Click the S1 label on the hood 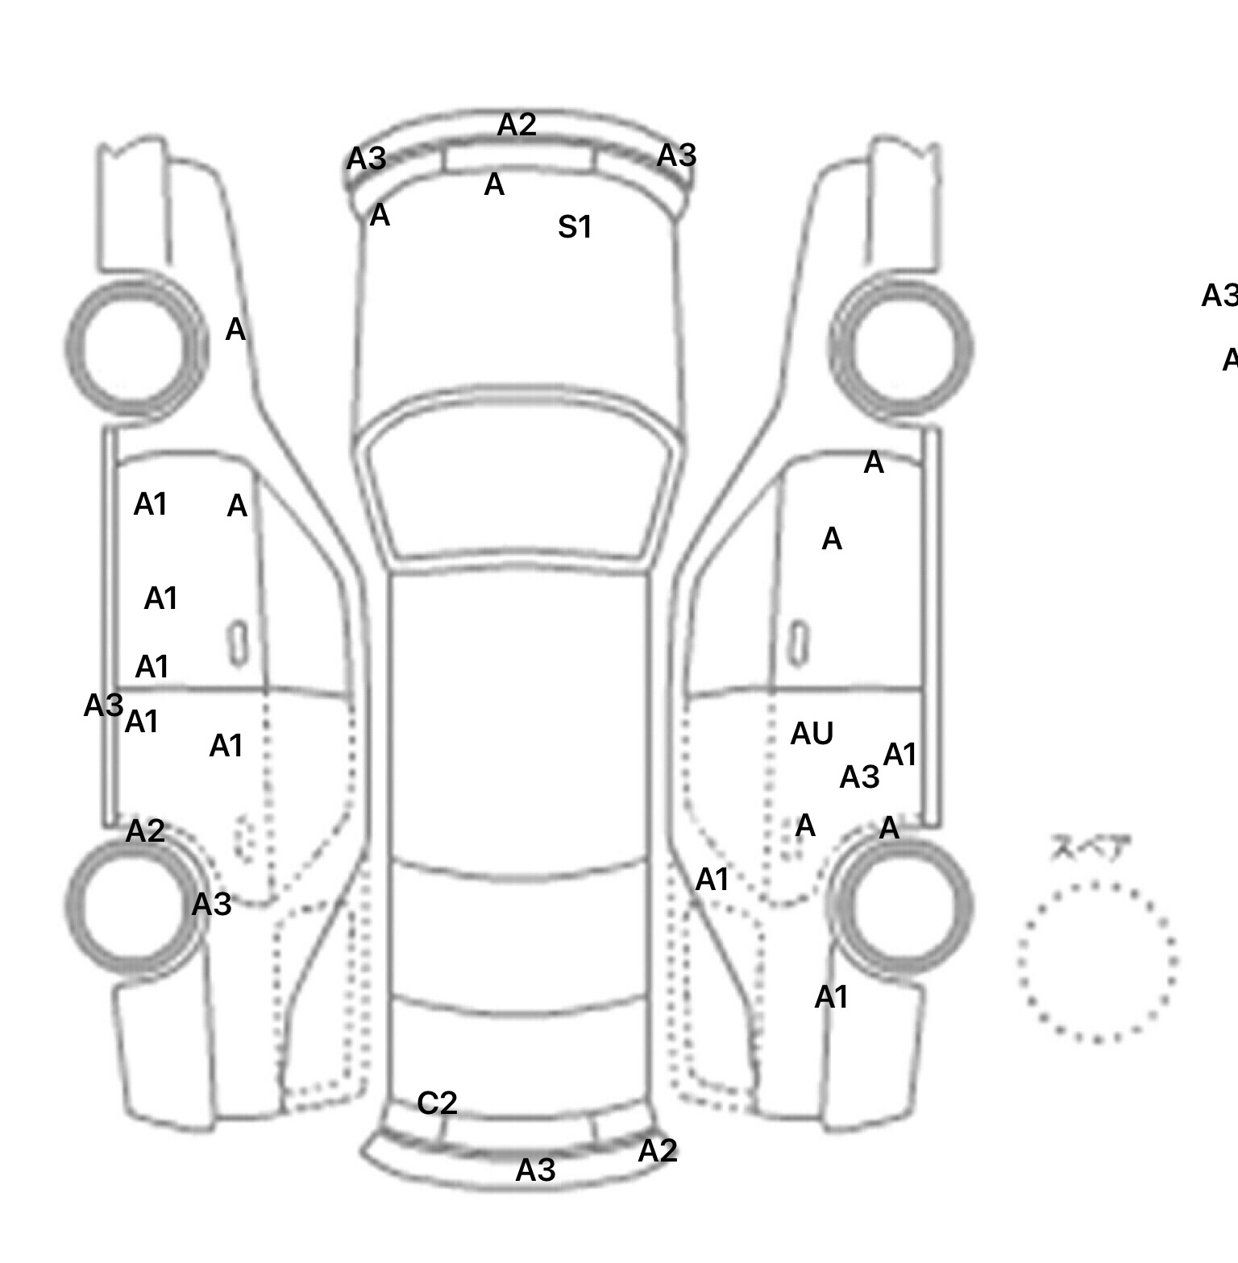click(x=575, y=227)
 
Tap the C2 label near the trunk click(x=438, y=1103)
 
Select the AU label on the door click(x=812, y=734)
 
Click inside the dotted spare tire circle click(x=1097, y=961)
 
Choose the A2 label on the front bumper click(x=517, y=125)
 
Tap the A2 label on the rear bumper click(x=658, y=1151)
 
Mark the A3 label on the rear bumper click(x=536, y=1170)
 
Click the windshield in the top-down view click(x=520, y=491)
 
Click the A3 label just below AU click(x=859, y=777)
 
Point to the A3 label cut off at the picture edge click(x=1219, y=296)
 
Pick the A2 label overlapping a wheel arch click(x=145, y=830)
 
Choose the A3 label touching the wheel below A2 click(x=211, y=905)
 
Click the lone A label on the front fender click(x=235, y=329)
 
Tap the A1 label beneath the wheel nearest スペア click(x=831, y=997)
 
